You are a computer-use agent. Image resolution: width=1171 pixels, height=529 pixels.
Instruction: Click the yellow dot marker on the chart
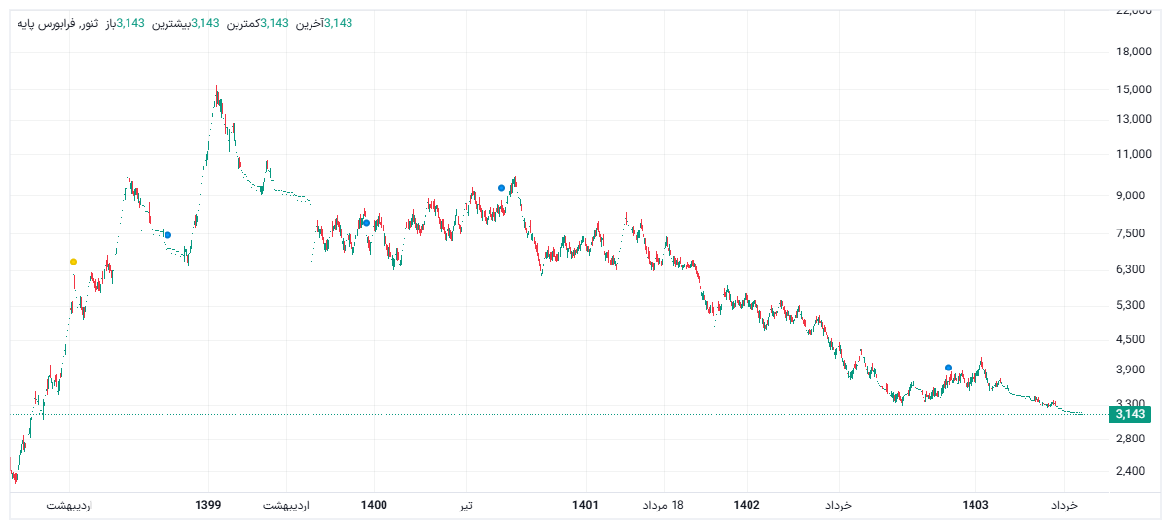(73, 262)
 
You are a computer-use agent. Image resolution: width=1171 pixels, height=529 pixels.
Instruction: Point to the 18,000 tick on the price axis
(1132, 53)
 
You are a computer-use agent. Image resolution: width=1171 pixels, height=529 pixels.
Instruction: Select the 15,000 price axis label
(1132, 89)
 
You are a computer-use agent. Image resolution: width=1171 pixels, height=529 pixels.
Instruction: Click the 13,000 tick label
(1132, 120)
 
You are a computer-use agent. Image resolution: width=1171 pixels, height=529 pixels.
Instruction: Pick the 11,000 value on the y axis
(1132, 155)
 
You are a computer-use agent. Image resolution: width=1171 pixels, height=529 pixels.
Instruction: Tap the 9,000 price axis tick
(1130, 196)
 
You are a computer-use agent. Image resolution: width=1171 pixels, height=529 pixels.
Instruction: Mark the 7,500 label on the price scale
(1130, 233)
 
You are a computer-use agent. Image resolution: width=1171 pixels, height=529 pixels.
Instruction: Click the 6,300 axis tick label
(1130, 270)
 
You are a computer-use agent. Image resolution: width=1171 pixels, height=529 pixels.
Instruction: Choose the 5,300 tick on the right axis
(1130, 306)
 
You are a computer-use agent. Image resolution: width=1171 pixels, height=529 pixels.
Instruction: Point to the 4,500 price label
(1130, 339)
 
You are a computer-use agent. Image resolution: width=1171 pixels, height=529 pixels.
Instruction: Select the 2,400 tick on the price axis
(1130, 472)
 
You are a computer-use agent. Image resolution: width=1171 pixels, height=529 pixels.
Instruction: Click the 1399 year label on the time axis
(208, 506)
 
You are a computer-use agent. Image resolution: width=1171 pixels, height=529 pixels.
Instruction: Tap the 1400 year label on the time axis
(374, 506)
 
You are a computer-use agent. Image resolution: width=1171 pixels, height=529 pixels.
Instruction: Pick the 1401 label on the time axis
(585, 506)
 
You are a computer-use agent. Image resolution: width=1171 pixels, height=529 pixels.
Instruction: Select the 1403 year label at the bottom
(975, 506)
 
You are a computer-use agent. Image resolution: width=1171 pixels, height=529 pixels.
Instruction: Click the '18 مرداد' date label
(664, 506)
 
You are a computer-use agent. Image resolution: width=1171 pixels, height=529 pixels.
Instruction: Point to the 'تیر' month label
(467, 506)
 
